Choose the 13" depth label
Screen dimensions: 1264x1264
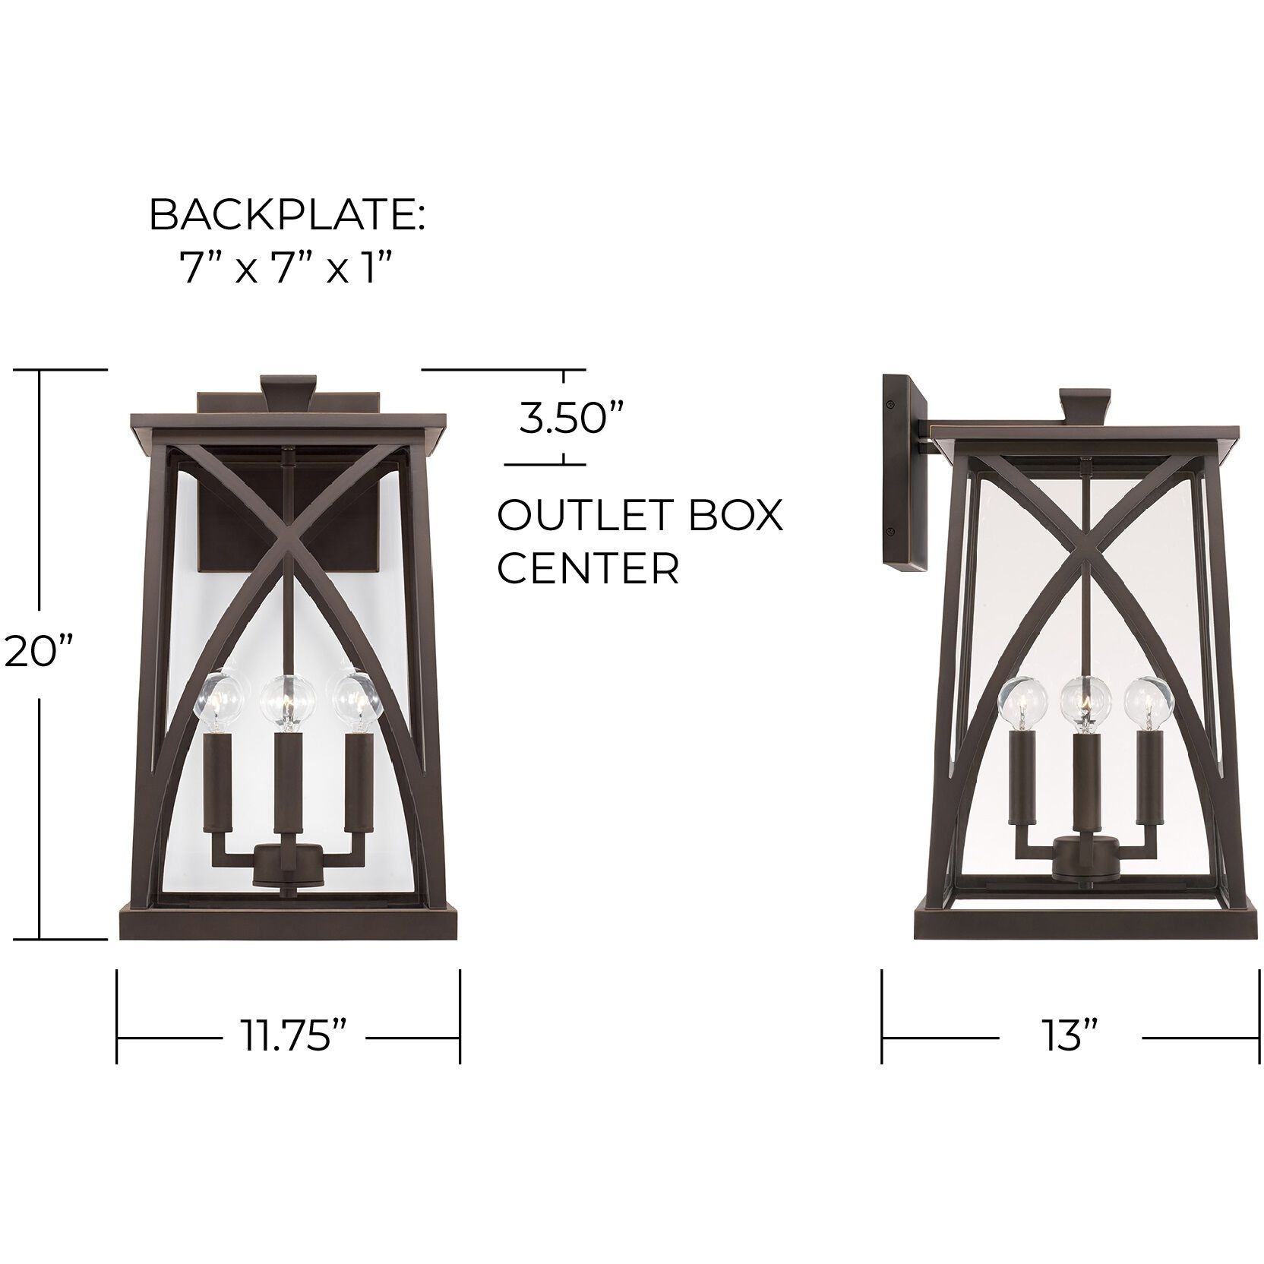coord(1070,1037)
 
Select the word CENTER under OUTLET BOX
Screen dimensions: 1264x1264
coord(588,568)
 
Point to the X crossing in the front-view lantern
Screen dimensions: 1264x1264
coord(287,544)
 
